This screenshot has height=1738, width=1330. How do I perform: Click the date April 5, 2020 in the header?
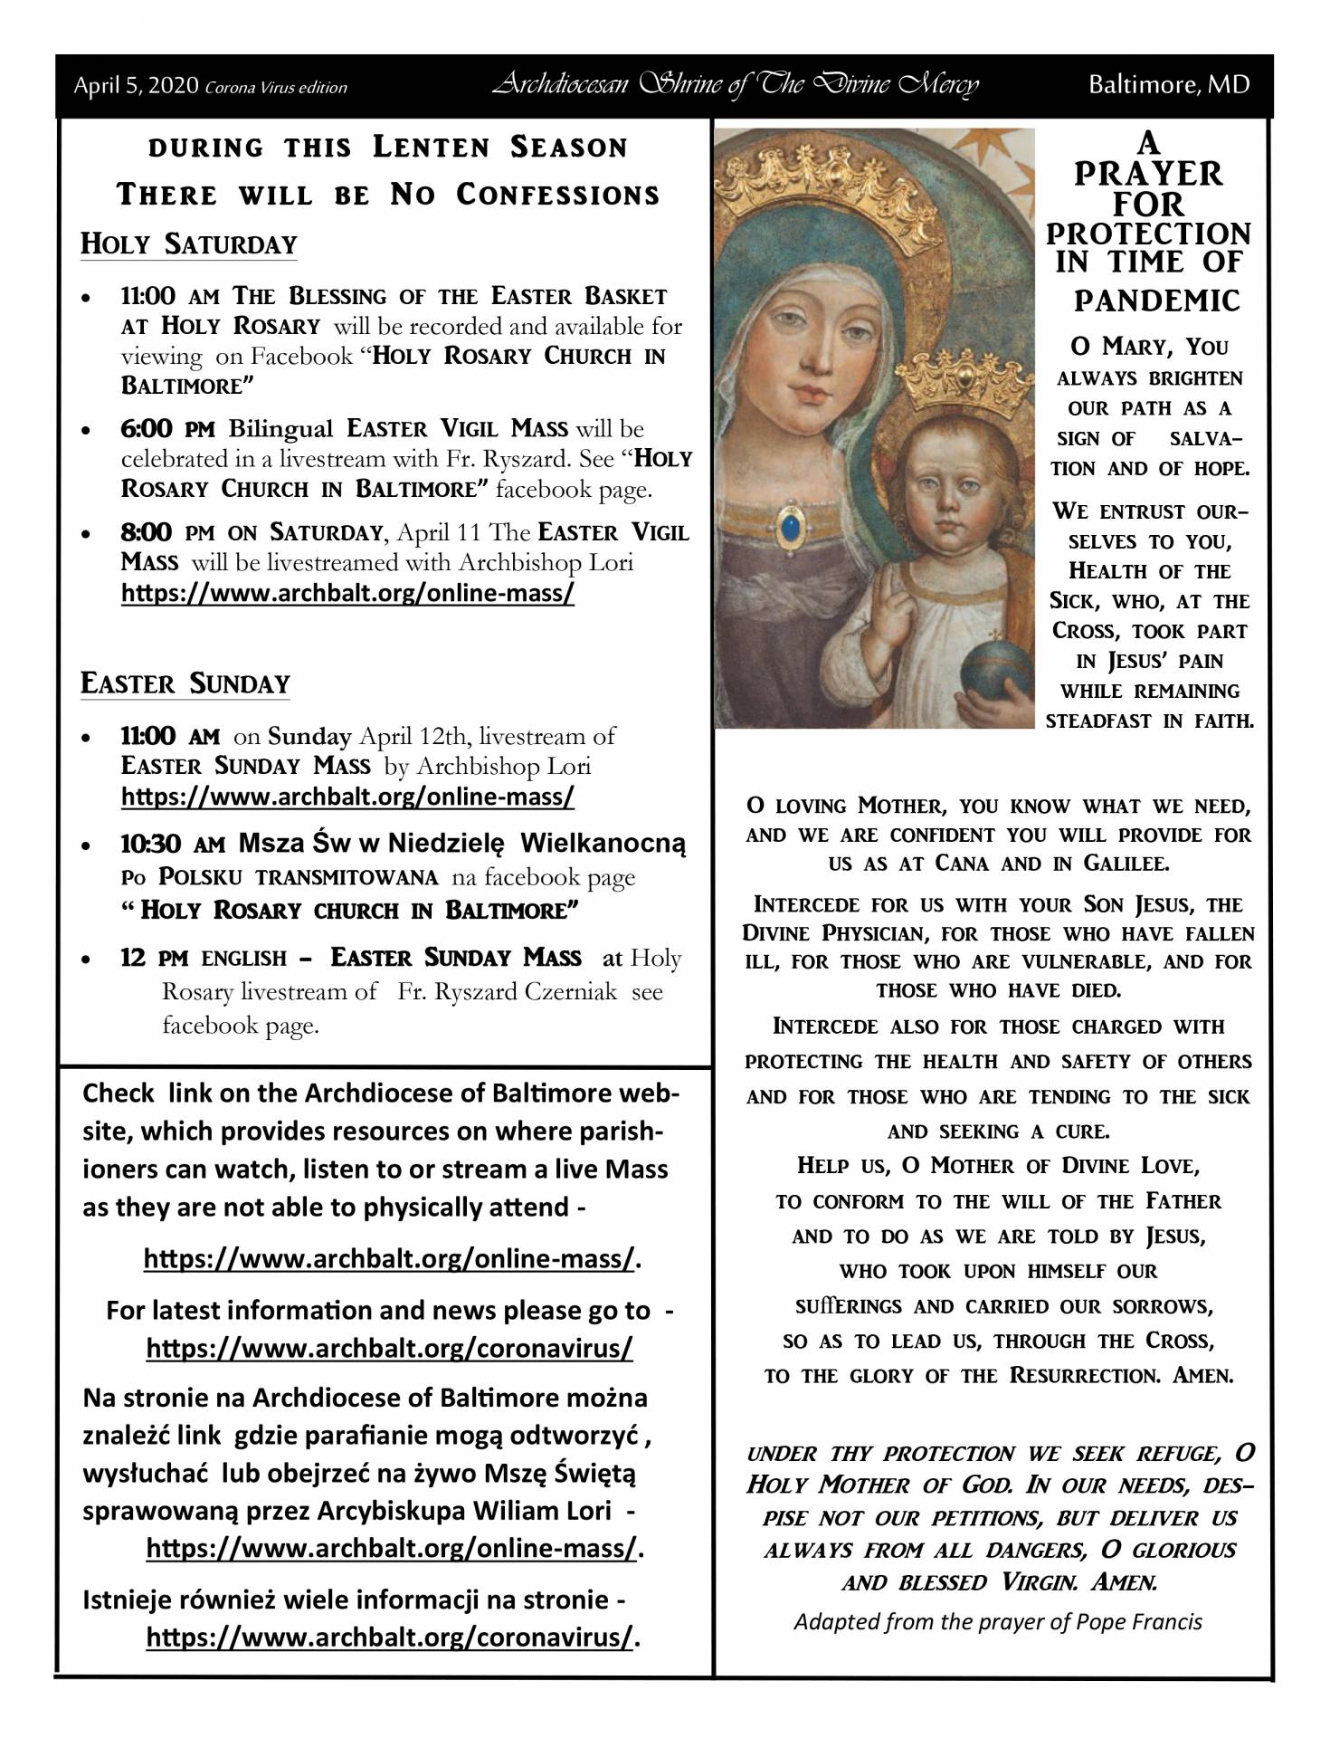point(136,87)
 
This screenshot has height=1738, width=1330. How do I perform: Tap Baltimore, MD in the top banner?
point(1168,85)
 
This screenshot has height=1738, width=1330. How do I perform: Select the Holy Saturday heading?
point(188,244)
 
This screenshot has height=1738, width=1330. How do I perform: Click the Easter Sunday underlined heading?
point(185,683)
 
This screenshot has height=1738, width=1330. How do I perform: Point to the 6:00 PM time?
point(157,428)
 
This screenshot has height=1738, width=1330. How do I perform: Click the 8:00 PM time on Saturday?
point(157,531)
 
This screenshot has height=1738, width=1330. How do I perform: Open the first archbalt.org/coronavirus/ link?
point(389,1348)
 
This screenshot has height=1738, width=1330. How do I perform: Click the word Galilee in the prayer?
point(1126,864)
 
